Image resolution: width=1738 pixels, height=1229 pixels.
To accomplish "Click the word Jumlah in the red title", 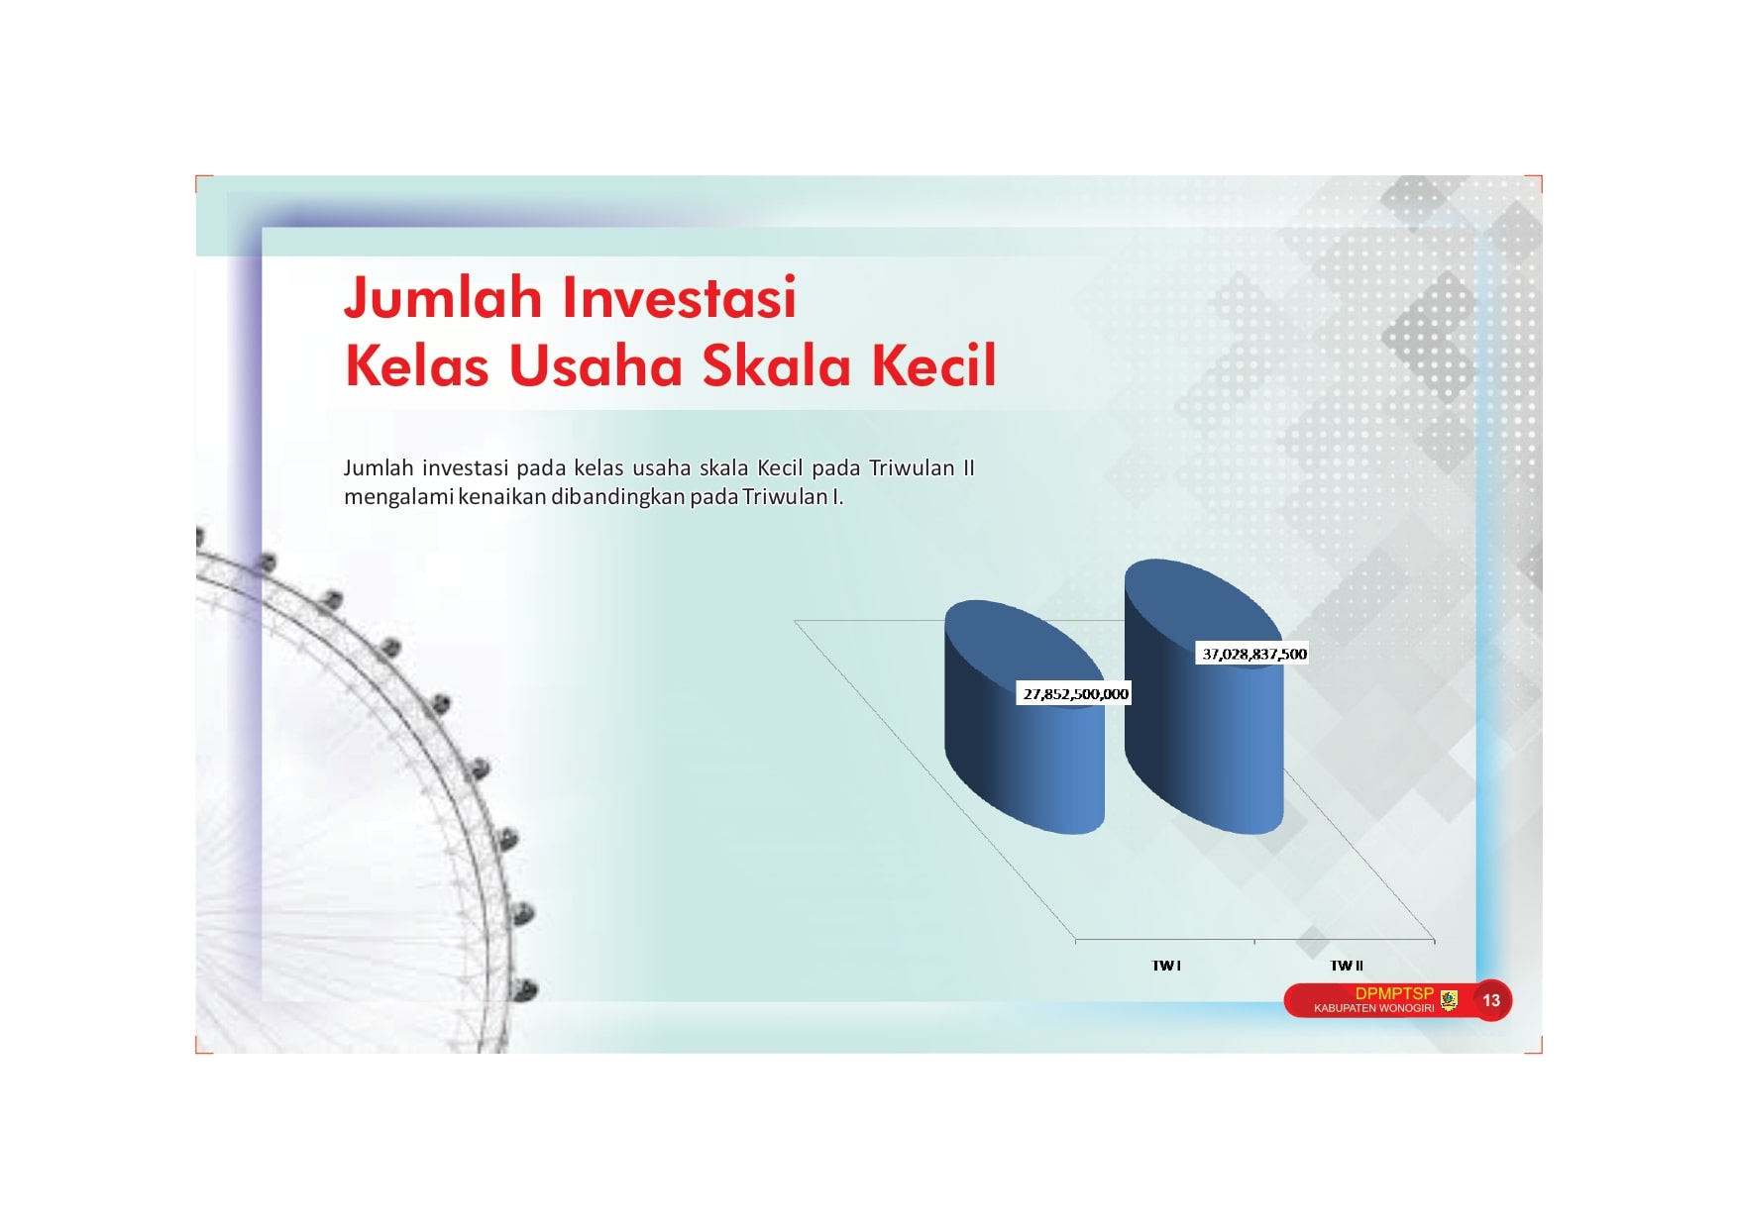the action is click(x=444, y=297).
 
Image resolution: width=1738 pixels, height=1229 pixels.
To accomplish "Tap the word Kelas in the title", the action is click(x=417, y=364).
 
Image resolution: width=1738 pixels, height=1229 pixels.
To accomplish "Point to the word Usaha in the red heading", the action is click(x=597, y=364).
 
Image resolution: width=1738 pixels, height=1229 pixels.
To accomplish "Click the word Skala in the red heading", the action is click(x=778, y=364).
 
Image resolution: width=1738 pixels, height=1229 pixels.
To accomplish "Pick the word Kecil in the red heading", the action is click(x=934, y=364).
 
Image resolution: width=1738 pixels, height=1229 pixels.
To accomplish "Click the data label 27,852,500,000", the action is click(x=1075, y=694).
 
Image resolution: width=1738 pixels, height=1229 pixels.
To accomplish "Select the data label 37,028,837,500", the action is click(x=1253, y=654).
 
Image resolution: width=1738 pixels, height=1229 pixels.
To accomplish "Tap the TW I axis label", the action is click(x=1166, y=966).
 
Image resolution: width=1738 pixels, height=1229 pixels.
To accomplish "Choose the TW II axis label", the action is click(x=1347, y=966).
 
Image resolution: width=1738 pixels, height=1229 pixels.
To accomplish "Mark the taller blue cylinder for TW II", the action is click(x=1204, y=713).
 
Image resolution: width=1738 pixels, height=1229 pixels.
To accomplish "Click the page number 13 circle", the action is click(x=1491, y=1000).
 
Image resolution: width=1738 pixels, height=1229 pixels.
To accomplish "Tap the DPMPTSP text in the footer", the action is click(x=1394, y=993).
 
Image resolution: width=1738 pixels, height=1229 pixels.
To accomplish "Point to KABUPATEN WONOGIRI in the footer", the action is click(x=1373, y=1008).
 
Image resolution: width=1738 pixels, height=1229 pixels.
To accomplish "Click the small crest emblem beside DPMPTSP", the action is click(x=1449, y=1000).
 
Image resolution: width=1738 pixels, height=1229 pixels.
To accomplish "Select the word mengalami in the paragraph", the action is click(x=398, y=497).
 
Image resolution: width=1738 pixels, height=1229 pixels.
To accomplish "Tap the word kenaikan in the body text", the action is click(x=502, y=496).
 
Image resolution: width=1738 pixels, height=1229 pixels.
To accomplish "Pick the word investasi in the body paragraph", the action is click(x=465, y=467).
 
